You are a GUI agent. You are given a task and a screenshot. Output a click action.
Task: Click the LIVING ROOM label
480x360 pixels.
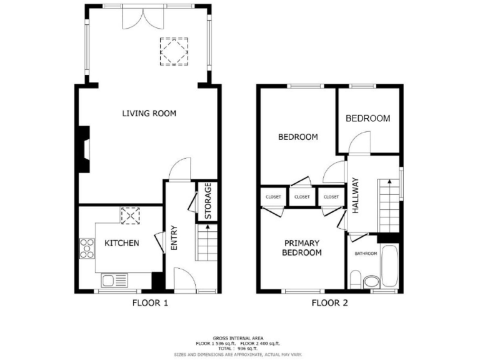pyautogui.click(x=149, y=113)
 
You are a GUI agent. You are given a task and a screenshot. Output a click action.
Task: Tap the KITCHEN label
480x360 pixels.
pyautogui.click(x=121, y=243)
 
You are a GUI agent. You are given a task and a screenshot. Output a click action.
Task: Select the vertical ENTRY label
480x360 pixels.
pyautogui.click(x=174, y=238)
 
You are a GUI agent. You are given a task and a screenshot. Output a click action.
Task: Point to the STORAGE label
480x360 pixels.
pyautogui.click(x=208, y=201)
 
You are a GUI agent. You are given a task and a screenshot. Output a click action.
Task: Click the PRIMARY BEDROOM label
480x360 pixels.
pyautogui.click(x=302, y=248)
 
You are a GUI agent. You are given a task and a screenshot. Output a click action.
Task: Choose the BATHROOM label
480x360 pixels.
pyautogui.click(x=366, y=253)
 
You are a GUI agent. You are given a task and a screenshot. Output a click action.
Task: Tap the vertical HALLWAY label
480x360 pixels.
pyautogui.click(x=356, y=196)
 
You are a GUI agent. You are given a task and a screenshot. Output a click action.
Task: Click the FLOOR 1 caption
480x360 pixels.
pyautogui.click(x=150, y=304)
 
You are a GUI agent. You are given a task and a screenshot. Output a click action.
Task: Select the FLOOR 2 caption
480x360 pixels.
pyautogui.click(x=329, y=304)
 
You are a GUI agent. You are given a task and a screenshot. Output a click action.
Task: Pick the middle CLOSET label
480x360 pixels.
pyautogui.click(x=302, y=197)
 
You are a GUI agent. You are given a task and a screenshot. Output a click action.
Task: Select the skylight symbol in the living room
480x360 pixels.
pyautogui.click(x=174, y=51)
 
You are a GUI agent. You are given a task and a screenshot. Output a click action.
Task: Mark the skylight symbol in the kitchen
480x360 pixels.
pyautogui.click(x=130, y=215)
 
